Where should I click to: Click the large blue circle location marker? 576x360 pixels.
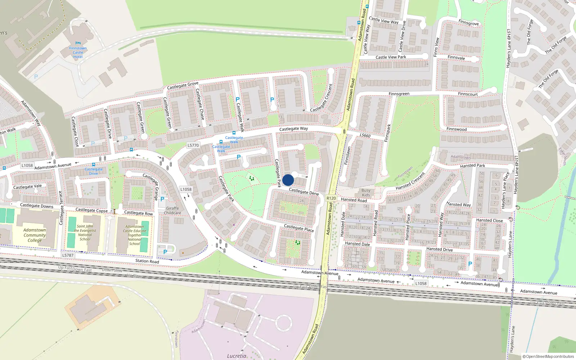pyautogui.click(x=288, y=180)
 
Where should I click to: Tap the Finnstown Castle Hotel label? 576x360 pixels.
pyautogui.click(x=78, y=53)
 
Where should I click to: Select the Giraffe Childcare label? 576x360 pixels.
pyautogui.click(x=172, y=211)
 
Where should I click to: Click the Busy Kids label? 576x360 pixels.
pyautogui.click(x=366, y=193)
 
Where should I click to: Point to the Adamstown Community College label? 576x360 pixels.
pyautogui.click(x=35, y=235)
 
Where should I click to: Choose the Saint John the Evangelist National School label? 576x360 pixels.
pyautogui.click(x=85, y=233)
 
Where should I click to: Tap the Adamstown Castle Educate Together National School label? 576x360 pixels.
pyautogui.click(x=135, y=235)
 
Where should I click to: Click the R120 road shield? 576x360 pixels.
pyautogui.click(x=331, y=198)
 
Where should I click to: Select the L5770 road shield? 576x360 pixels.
pyautogui.click(x=193, y=145)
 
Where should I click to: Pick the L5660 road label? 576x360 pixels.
pyautogui.click(x=365, y=135)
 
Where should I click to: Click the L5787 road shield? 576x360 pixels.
pyautogui.click(x=68, y=255)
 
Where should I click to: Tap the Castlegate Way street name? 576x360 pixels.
pyautogui.click(x=293, y=129)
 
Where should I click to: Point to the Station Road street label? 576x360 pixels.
pyautogui.click(x=147, y=261)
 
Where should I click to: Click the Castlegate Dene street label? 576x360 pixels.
pyautogui.click(x=304, y=192)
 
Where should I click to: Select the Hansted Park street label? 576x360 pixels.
pyautogui.click(x=472, y=166)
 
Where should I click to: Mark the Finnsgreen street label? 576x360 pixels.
pyautogui.click(x=399, y=94)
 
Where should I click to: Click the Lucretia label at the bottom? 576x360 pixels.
pyautogui.click(x=237, y=356)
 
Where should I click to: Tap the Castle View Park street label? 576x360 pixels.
pyautogui.click(x=391, y=57)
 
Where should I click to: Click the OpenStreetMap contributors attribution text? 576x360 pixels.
pyautogui.click(x=548, y=356)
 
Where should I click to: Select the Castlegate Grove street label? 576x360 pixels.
pyautogui.click(x=183, y=85)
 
